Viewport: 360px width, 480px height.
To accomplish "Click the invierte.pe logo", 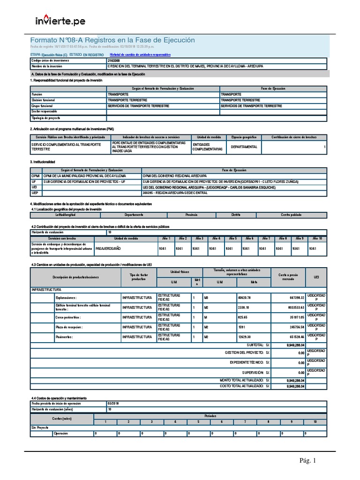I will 60,21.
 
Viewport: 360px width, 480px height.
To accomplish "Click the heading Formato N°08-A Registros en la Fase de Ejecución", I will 112,40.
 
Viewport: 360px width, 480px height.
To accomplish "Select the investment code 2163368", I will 113,61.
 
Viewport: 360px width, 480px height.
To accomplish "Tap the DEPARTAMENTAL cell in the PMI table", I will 244,147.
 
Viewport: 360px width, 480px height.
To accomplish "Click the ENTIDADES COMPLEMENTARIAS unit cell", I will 208,147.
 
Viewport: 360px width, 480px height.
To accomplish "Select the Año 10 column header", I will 317,238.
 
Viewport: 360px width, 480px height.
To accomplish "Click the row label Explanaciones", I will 66,298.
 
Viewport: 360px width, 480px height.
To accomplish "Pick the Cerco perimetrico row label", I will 68,317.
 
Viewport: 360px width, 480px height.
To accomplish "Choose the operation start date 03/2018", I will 113,404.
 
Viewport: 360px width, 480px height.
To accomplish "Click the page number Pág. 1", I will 308,461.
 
